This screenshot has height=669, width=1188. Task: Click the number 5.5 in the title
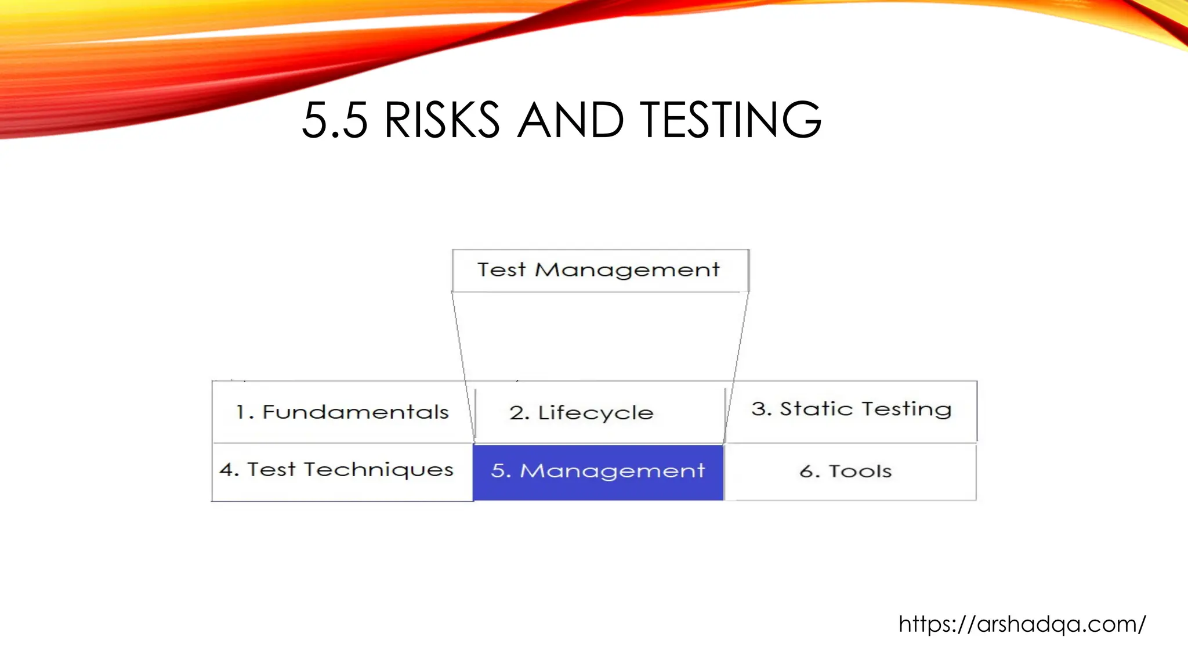coord(335,120)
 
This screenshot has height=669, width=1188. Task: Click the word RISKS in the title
coord(441,120)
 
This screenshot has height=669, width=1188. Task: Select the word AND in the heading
coord(570,120)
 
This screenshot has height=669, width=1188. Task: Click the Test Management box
coord(600,271)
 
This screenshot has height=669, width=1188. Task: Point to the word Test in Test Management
coord(501,270)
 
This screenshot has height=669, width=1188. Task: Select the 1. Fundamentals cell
coord(342,412)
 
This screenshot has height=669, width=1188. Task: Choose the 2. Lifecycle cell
coord(581,413)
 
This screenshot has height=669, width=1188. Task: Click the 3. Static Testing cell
coord(851,409)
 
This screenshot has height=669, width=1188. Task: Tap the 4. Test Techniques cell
coord(336,470)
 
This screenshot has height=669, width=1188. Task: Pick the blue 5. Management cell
coord(598,471)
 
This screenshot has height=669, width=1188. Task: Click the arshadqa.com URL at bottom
coord(1022,624)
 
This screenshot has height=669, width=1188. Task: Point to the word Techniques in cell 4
coord(378,470)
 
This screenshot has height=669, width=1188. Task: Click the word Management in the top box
coord(626,271)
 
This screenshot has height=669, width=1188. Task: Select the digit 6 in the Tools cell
coord(806,471)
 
